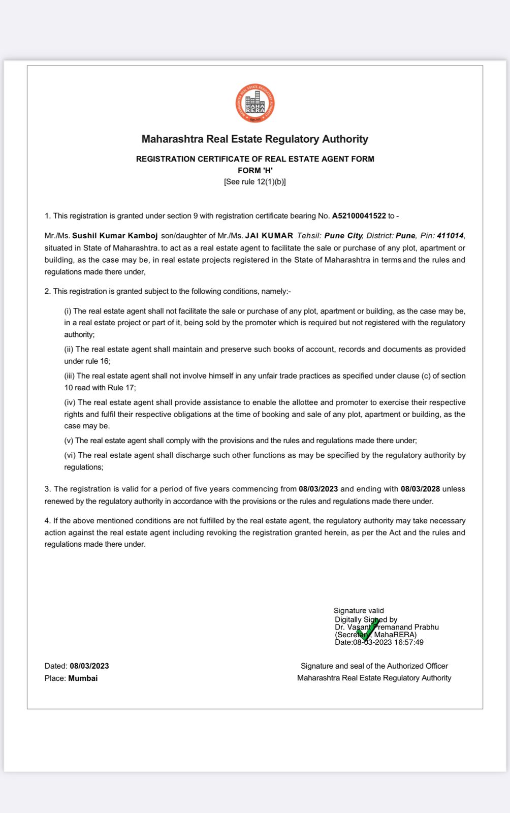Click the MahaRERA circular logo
click(x=255, y=104)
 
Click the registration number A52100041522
click(x=359, y=216)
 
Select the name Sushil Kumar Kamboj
click(x=115, y=236)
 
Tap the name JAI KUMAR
click(x=269, y=236)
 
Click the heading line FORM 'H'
click(x=255, y=171)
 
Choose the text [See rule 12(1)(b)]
click(x=255, y=182)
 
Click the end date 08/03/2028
click(x=420, y=489)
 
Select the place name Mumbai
click(x=83, y=678)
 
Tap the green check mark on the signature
click(x=367, y=630)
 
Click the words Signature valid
click(x=359, y=611)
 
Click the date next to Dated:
click(x=89, y=666)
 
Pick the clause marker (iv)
click(x=70, y=402)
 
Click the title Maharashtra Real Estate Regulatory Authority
click(x=255, y=139)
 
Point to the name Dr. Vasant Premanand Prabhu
click(x=387, y=627)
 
